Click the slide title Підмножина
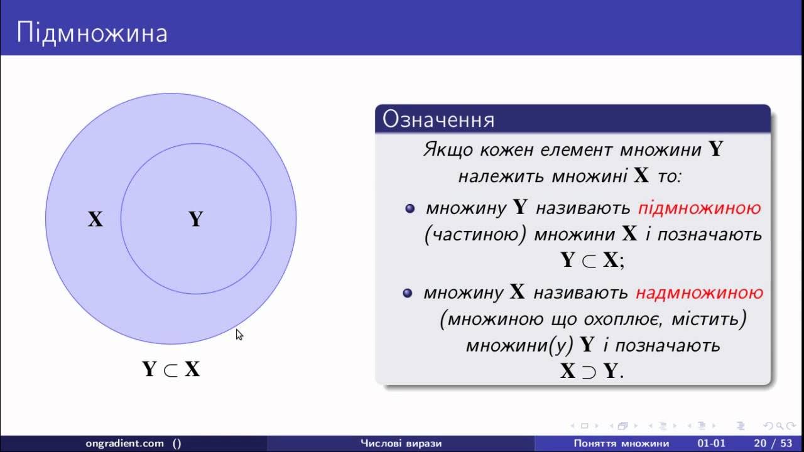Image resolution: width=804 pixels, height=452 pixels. (x=92, y=33)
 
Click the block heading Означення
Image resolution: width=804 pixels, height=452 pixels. (x=438, y=119)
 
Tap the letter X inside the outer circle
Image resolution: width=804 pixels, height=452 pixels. (x=95, y=219)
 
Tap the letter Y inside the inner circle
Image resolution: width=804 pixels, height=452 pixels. (x=196, y=219)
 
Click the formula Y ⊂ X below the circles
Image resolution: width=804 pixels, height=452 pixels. (x=171, y=369)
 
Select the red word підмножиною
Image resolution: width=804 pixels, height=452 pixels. (x=700, y=208)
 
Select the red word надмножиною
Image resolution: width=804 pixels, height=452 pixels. (x=700, y=293)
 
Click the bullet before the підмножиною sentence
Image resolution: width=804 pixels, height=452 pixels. (x=410, y=208)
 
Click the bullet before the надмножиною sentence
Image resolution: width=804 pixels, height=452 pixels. (x=408, y=293)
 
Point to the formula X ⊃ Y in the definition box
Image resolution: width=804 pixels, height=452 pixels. (x=592, y=371)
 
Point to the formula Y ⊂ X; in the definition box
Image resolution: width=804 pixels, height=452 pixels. (x=592, y=260)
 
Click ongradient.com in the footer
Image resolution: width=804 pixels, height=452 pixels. (x=124, y=444)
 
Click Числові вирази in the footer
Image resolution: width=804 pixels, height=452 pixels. (x=401, y=444)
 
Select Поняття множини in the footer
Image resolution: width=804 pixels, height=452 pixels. (x=621, y=444)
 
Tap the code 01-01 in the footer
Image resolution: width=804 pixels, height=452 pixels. (x=712, y=444)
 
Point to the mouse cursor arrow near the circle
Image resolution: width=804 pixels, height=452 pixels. (x=239, y=335)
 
